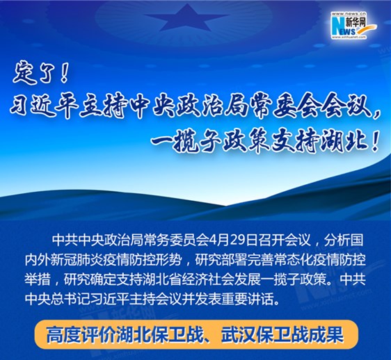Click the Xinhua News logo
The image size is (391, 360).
click(353, 26)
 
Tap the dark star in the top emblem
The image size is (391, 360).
click(186, 18)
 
